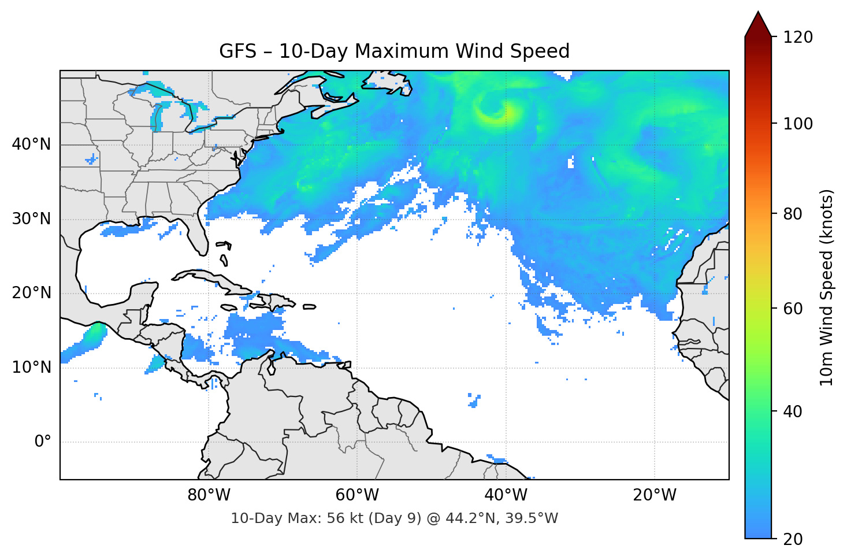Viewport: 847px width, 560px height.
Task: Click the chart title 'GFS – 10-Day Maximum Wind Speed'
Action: (x=394, y=51)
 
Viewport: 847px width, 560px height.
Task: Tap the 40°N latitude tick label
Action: (x=31, y=144)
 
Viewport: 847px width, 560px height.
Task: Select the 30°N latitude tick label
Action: (x=31, y=219)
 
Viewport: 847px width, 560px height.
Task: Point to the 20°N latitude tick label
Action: (x=31, y=293)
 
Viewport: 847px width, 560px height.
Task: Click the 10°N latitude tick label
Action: (x=31, y=368)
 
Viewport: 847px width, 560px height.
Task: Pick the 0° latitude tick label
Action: (x=42, y=442)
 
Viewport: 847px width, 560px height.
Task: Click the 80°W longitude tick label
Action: (x=209, y=495)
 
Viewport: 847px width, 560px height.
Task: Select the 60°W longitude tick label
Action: (x=357, y=495)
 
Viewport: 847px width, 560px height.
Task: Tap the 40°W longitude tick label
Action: (x=506, y=495)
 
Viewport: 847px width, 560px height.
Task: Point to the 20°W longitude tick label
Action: (x=655, y=495)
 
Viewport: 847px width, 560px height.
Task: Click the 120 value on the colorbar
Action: (x=798, y=38)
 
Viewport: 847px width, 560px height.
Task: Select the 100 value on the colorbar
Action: (x=798, y=124)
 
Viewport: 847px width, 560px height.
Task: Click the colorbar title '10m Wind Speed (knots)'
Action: (x=827, y=287)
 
